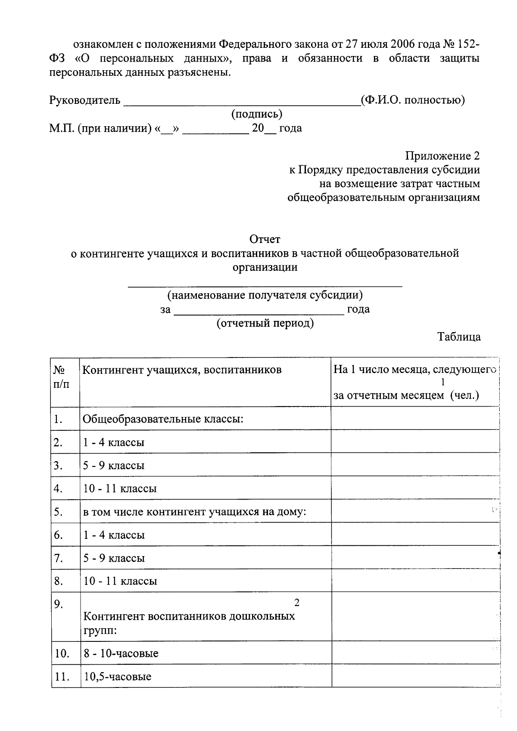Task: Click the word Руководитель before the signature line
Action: coord(85,100)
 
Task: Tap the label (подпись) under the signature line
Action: coord(257,114)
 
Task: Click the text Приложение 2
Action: coord(442,156)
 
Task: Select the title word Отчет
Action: coord(265,239)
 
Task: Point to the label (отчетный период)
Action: coord(265,323)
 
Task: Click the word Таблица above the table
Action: coord(459,337)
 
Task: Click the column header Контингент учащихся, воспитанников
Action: coord(182,370)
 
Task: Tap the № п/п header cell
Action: coord(61,376)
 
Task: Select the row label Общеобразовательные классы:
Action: coord(163,419)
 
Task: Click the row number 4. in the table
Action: coord(59,488)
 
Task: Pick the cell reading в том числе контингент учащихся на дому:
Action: coord(194,512)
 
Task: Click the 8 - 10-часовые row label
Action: coord(121,653)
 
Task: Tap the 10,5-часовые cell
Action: coord(117,676)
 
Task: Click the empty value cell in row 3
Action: coord(415,465)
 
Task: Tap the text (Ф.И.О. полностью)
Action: coord(413,100)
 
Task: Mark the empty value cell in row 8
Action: coord(415,581)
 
